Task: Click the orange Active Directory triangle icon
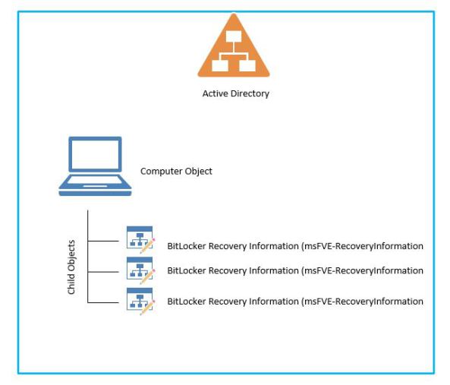pos(234,49)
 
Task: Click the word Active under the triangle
pos(216,93)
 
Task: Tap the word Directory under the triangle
pos(250,94)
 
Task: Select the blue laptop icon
pos(95,166)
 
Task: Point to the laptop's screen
pos(95,154)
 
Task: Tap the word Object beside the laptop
pos(198,172)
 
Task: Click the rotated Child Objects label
pos(71,267)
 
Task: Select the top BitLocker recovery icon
pos(140,240)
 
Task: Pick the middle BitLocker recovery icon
pos(140,270)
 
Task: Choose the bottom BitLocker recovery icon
pos(140,301)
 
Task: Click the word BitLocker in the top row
pos(187,246)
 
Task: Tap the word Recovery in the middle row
pos(228,271)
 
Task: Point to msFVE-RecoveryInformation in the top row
pos(362,246)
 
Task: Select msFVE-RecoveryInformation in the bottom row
pos(362,301)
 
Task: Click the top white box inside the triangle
pos(234,36)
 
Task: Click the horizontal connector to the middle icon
pos(103,272)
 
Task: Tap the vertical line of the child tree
pos(87,256)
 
